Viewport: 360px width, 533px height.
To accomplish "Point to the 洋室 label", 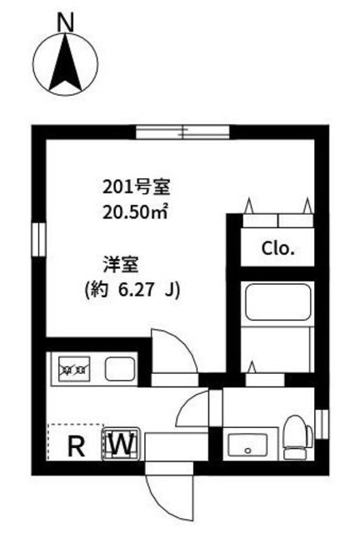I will (x=117, y=265).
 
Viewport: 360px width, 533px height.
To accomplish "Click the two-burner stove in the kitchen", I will (x=73, y=367).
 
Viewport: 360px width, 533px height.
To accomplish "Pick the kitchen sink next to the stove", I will (x=117, y=368).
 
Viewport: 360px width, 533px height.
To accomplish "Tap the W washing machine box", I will (x=122, y=445).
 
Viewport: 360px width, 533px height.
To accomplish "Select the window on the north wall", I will (x=181, y=131).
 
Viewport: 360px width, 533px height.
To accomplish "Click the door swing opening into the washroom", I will (x=196, y=410).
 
